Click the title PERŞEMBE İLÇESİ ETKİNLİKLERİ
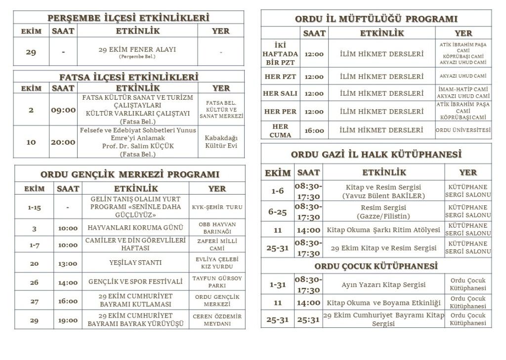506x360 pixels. click(128, 18)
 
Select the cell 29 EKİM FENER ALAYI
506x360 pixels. click(137, 52)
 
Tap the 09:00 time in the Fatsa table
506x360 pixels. click(63, 110)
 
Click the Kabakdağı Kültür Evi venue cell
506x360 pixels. click(221, 142)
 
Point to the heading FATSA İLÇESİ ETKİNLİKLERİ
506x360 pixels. click(128, 77)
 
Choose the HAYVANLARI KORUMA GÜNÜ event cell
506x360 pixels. click(135, 228)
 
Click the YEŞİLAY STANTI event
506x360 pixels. click(135, 263)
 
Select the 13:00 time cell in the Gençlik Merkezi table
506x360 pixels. click(68, 263)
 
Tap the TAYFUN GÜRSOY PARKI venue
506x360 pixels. click(217, 282)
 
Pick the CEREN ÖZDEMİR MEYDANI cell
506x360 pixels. click(217, 320)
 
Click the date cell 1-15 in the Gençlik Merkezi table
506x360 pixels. click(34, 207)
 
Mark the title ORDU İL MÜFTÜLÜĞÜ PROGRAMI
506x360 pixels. click(376, 19)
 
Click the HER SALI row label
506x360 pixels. click(280, 93)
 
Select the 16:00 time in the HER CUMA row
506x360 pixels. click(314, 131)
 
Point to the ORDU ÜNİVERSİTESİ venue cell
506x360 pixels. click(464, 130)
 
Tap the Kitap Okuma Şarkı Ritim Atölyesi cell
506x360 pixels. click(383, 230)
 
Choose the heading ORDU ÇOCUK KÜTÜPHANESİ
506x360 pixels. click(376, 266)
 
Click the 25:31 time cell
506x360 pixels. click(308, 320)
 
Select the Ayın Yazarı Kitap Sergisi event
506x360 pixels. click(383, 285)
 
